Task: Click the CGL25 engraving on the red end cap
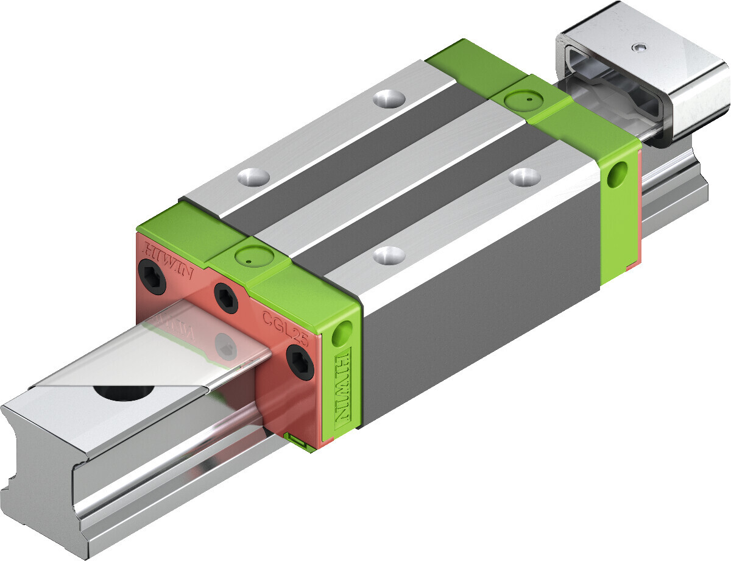(x=285, y=327)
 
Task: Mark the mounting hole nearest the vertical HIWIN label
(x=387, y=255)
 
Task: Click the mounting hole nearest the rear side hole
(x=524, y=177)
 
